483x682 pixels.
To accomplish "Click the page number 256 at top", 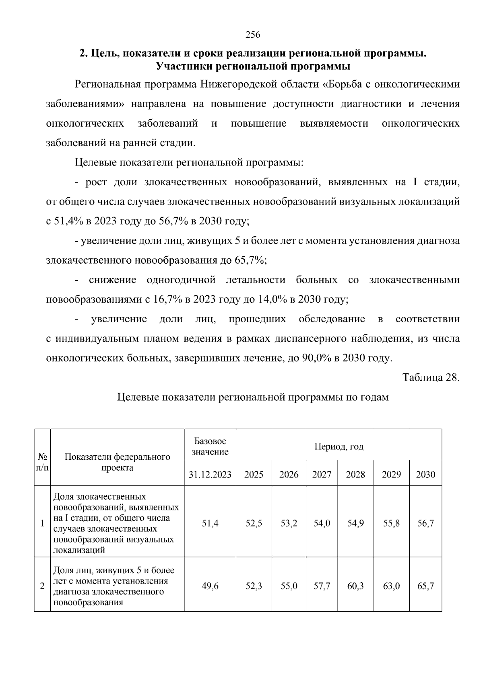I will pyautogui.click(x=253, y=35).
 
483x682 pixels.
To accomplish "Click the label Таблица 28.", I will pyautogui.click(x=431, y=378).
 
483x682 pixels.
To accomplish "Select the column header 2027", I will pyautogui.click(x=322, y=475).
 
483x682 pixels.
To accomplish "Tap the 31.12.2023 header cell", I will pyautogui.click(x=210, y=475).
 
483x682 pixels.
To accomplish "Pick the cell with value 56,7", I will pyautogui.click(x=425, y=524).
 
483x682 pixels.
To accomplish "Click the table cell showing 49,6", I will pyautogui.click(x=210, y=586).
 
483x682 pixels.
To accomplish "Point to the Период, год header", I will pyautogui.click(x=339, y=446).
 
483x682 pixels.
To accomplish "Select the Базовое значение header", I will pyautogui.click(x=210, y=446).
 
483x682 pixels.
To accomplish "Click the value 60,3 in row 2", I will pyautogui.click(x=355, y=586).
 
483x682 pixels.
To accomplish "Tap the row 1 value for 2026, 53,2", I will pyautogui.click(x=289, y=524).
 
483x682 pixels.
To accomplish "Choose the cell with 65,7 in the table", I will pyautogui.click(x=425, y=586).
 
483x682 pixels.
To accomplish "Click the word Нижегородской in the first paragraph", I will pyautogui.click(x=240, y=84).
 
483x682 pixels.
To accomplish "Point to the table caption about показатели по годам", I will pyautogui.click(x=253, y=397).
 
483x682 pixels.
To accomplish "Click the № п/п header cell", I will pyautogui.click(x=42, y=462).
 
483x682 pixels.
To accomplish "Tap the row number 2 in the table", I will pyautogui.click(x=42, y=586).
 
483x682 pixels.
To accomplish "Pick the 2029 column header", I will pyautogui.click(x=391, y=475).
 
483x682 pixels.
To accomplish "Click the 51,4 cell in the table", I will pyautogui.click(x=210, y=524).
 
